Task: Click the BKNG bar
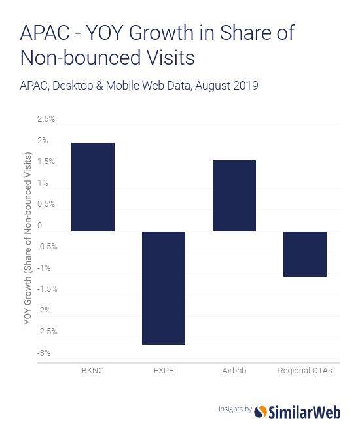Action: coord(93,186)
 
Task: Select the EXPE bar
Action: coord(164,288)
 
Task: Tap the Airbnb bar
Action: coord(234,196)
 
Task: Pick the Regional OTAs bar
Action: coord(305,254)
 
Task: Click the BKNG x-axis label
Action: coord(93,371)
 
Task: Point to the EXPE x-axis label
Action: coord(164,371)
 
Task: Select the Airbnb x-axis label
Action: coord(234,371)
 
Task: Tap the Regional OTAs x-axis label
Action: coord(305,371)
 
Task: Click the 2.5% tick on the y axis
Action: coord(46,119)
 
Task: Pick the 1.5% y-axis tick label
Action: coord(46,162)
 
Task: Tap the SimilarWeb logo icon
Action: coord(261,411)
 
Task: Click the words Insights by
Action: coord(235,409)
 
